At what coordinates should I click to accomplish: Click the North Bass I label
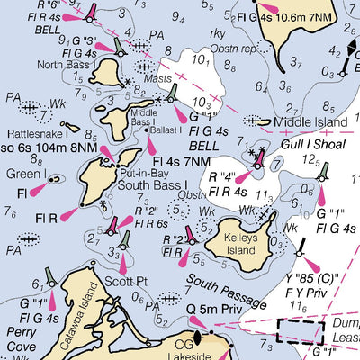67,65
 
